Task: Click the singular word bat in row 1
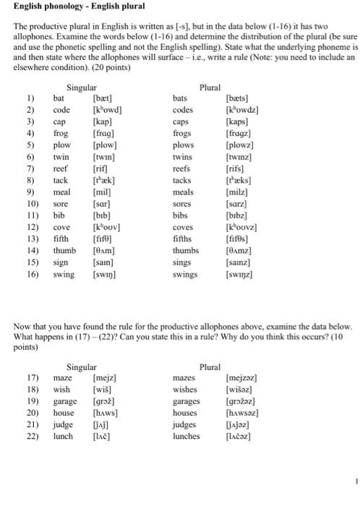[60, 97]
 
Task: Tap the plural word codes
[184, 110]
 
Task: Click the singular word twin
[62, 156]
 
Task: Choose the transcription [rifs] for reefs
[236, 168]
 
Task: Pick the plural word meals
[184, 192]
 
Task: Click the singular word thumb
[65, 250]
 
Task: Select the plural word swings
[187, 274]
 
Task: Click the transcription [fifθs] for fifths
[239, 239]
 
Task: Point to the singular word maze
[63, 377]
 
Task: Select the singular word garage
[66, 400]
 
